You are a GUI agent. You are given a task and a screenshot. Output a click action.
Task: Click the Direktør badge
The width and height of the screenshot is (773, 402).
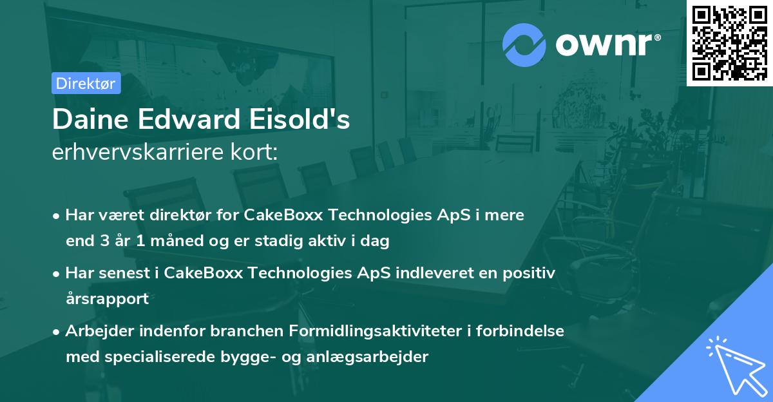(x=86, y=83)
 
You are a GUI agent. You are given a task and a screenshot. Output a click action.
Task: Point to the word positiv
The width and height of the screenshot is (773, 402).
(x=530, y=273)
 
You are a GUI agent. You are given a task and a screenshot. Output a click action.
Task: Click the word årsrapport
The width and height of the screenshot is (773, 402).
(x=107, y=299)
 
